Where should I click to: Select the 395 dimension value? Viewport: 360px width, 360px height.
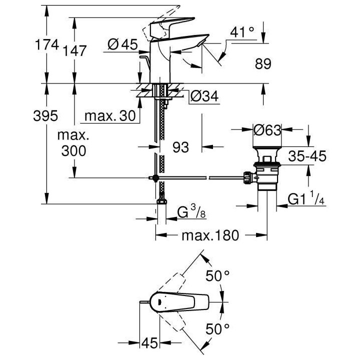point(44,116)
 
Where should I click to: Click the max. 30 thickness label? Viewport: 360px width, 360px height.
point(110,116)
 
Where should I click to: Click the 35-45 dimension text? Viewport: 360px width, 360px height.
point(307,156)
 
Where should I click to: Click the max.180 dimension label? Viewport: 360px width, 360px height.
point(209,235)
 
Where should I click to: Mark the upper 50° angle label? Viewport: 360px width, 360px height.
point(218,275)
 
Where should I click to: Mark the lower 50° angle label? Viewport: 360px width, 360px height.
point(218,329)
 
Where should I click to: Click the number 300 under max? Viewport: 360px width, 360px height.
point(73,150)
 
